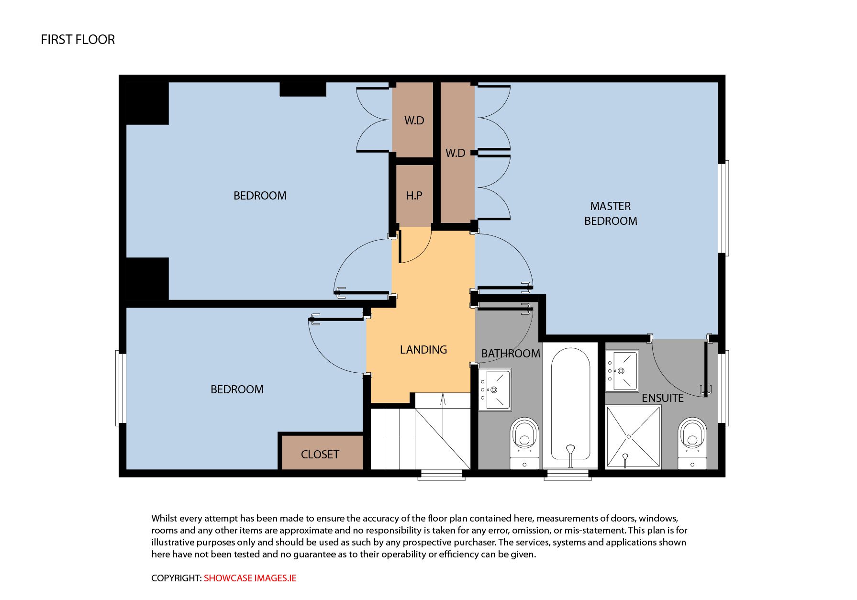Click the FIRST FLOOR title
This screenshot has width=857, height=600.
(78, 40)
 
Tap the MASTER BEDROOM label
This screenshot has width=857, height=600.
(611, 213)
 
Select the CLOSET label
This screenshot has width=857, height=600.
(320, 455)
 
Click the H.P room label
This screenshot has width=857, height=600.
(414, 196)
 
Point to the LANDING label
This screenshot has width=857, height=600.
(423, 350)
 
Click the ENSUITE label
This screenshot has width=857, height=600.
(663, 398)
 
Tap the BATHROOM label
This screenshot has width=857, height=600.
(511, 354)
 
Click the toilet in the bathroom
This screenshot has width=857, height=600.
(525, 443)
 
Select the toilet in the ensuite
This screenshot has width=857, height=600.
(692, 443)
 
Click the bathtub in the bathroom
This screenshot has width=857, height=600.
(570, 407)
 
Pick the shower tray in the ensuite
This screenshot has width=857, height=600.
(634, 436)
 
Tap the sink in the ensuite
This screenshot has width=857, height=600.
(623, 371)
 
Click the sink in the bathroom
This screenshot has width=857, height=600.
(495, 389)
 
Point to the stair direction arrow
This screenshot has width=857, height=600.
(443, 400)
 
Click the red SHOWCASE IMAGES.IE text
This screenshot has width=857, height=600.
(250, 578)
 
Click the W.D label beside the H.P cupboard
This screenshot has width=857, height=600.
(414, 121)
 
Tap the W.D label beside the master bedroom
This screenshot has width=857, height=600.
(455, 153)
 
